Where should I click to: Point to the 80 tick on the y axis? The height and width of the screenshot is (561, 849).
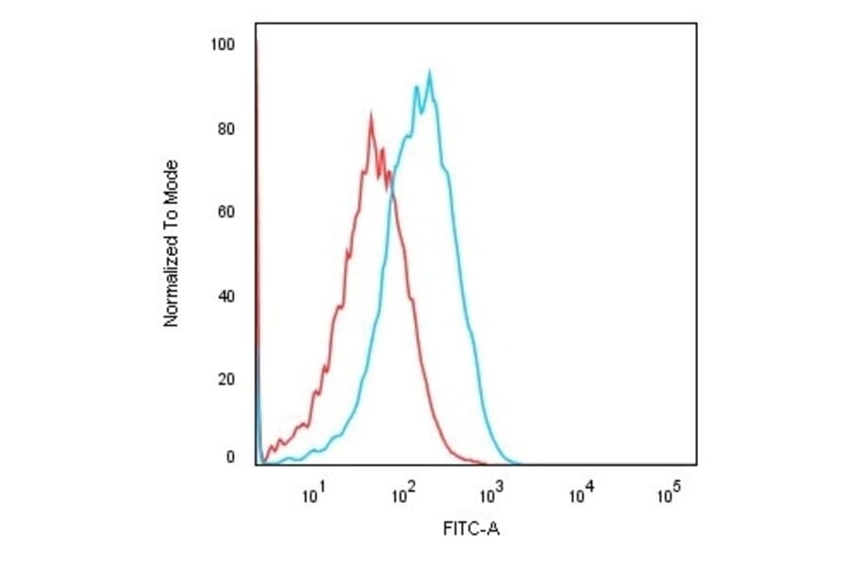click(x=226, y=128)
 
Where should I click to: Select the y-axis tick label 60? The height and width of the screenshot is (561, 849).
click(x=226, y=212)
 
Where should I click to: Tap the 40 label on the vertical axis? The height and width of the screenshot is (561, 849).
click(x=226, y=297)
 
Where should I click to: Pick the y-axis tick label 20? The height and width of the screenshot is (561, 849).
click(x=226, y=380)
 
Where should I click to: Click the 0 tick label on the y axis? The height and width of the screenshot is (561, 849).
click(x=230, y=457)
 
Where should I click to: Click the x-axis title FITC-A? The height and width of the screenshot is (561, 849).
click(x=471, y=530)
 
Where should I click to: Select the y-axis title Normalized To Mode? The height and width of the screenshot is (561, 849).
click(x=172, y=244)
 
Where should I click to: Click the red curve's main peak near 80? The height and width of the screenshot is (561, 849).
click(x=371, y=115)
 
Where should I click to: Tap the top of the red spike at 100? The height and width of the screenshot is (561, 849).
click(x=257, y=42)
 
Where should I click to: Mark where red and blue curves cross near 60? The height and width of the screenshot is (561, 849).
click(x=390, y=192)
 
